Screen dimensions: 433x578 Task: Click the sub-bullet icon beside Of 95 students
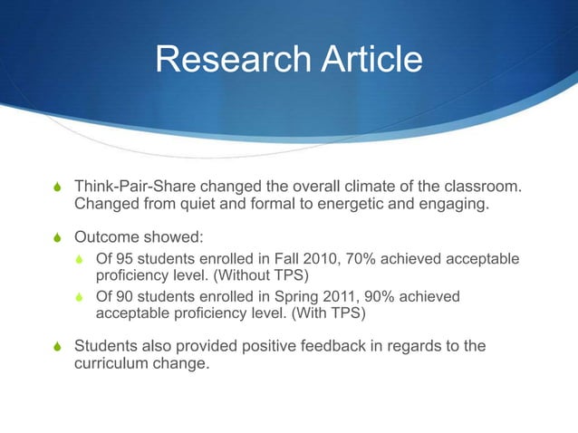click(x=82, y=262)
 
